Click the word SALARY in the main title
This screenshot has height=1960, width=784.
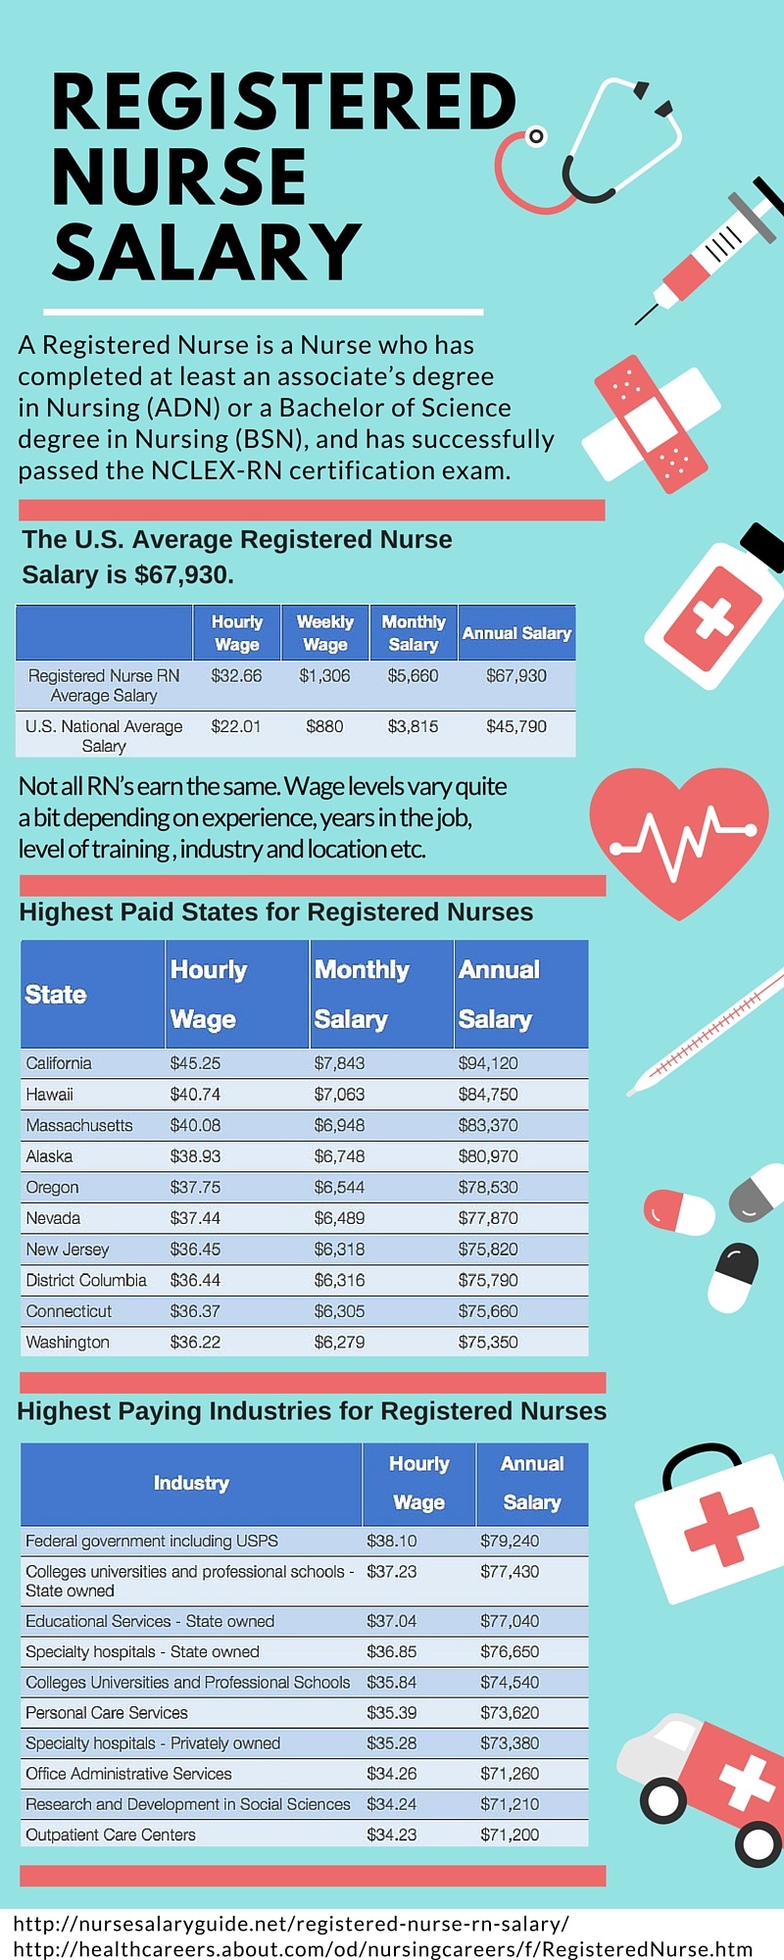click(x=207, y=252)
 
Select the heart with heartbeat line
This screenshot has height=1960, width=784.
click(x=678, y=838)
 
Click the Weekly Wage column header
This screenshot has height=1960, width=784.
click(x=325, y=633)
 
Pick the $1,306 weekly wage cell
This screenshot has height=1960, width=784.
click(x=324, y=676)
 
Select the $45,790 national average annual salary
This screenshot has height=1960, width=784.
click(x=516, y=727)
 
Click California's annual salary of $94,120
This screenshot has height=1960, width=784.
click(x=488, y=1063)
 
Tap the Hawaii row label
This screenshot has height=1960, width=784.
click(x=50, y=1095)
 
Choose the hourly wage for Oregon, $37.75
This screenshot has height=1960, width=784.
click(x=195, y=1188)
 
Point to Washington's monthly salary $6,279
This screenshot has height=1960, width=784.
click(x=339, y=1343)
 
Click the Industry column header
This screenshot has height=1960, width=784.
click(x=191, y=1483)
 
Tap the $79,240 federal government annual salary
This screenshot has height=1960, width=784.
click(x=510, y=1542)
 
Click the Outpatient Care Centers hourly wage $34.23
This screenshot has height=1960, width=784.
click(x=392, y=1835)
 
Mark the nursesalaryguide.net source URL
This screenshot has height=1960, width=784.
click(x=291, y=1924)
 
